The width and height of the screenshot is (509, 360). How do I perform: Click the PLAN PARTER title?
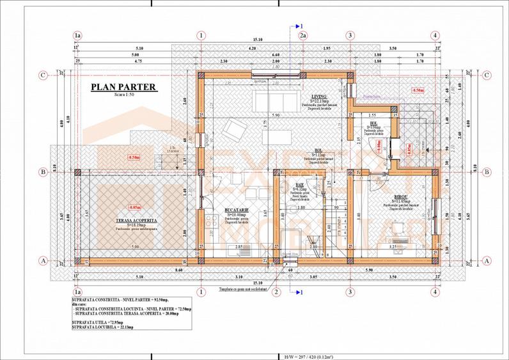click(x=123, y=87)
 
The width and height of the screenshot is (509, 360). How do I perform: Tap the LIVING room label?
click(x=318, y=97)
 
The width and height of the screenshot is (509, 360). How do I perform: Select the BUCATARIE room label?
click(x=237, y=210)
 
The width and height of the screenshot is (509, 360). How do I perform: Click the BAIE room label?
click(x=299, y=184)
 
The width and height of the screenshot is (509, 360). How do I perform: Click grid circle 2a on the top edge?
click(x=303, y=36)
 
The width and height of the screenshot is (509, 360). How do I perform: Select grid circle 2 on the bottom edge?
click(x=277, y=292)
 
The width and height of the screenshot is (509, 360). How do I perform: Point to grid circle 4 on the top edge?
click(x=435, y=36)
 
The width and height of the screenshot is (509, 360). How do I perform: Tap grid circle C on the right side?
click(x=487, y=75)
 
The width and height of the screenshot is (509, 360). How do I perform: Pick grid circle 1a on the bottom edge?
click(x=78, y=292)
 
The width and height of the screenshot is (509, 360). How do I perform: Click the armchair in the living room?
click(x=233, y=132)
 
